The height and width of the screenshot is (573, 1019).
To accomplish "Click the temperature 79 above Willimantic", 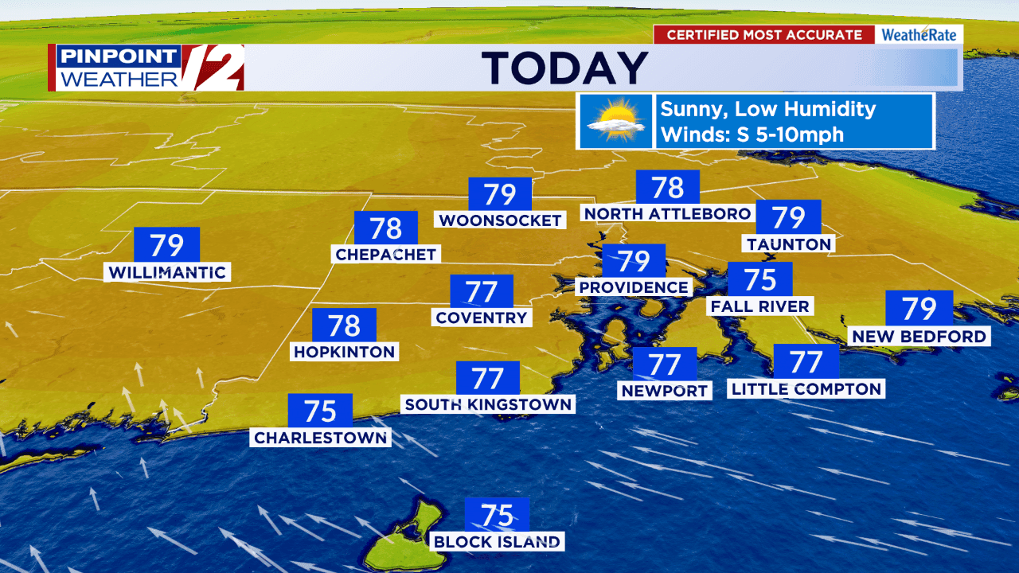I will click(x=166, y=245).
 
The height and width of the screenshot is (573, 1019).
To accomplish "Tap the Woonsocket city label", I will click(x=500, y=220).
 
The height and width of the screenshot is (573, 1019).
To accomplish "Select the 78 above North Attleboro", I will click(x=667, y=188).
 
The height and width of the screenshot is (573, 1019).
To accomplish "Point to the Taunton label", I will click(x=789, y=244).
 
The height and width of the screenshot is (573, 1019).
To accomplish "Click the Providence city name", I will click(x=634, y=286).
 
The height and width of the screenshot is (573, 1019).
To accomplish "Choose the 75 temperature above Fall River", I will click(x=759, y=280).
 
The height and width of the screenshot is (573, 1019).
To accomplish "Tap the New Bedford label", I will click(x=919, y=337).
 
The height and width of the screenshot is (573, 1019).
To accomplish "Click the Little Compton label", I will click(x=806, y=388).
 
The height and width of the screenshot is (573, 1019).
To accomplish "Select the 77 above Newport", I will click(x=664, y=364).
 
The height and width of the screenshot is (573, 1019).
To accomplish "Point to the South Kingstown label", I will click(x=488, y=404).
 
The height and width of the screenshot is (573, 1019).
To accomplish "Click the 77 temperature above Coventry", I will click(x=482, y=292).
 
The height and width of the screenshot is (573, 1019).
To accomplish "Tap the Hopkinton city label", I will click(x=344, y=351).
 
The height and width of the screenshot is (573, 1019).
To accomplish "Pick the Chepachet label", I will click(x=386, y=254).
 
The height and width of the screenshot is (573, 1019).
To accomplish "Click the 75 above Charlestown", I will click(x=320, y=411).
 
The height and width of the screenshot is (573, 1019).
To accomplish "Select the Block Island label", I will click(x=497, y=542).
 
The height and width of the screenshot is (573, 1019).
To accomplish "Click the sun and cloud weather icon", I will click(x=614, y=121).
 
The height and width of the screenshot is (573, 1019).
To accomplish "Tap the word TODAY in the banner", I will click(x=564, y=68).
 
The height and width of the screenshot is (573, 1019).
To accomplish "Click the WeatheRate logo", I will click(x=919, y=35).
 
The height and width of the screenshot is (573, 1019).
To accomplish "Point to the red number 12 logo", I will click(x=213, y=68).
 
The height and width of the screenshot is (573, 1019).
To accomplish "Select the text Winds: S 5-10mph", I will click(x=752, y=134).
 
